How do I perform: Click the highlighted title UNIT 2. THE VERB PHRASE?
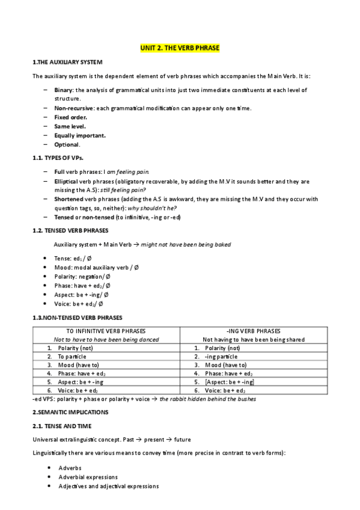click(180, 48)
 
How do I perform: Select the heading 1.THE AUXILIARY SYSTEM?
click(67, 62)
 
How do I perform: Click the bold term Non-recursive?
click(74, 108)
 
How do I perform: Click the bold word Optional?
click(66, 144)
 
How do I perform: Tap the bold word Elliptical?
click(66, 180)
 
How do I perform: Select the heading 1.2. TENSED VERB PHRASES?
click(69, 230)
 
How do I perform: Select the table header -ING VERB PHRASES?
click(252, 331)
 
